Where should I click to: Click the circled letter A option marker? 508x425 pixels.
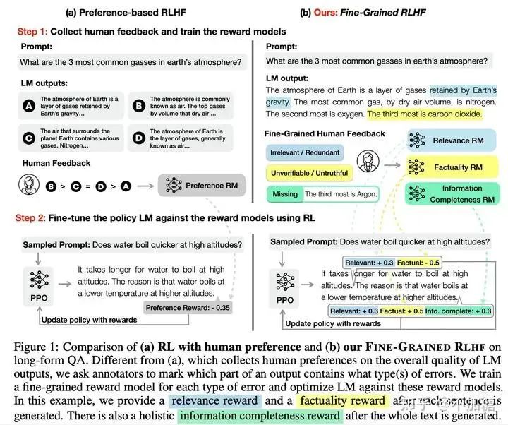point(28,105)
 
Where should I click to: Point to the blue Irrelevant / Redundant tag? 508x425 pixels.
point(304,152)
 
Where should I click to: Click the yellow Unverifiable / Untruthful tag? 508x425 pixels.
point(308,172)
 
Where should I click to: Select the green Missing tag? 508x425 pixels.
point(284,193)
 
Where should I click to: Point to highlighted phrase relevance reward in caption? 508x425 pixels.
point(215,401)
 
